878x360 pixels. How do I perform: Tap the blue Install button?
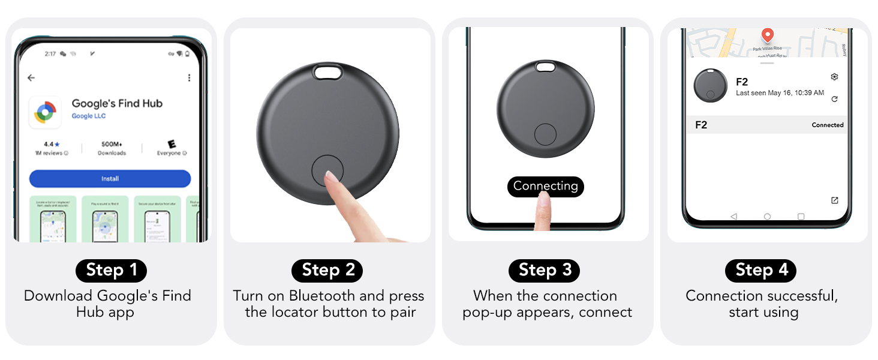110,179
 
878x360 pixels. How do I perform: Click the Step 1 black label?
111,270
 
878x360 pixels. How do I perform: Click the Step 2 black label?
327,270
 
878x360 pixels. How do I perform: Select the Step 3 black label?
545,270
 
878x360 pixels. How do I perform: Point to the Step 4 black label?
761,270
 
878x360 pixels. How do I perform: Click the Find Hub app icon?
45,112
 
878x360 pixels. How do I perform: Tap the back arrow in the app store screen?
31,78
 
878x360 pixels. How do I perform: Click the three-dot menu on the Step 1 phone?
189,78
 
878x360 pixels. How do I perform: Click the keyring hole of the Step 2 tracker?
327,72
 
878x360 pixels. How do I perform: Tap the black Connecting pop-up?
545,186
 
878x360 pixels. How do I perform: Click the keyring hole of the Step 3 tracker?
545,67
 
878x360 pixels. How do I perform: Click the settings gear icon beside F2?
834,77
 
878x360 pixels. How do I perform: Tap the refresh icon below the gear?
834,99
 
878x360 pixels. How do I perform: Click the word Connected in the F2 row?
828,125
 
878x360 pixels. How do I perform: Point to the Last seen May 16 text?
780,93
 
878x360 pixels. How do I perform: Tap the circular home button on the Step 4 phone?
767,217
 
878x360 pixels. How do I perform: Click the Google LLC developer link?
89,116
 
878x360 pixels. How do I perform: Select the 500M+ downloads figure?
112,145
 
